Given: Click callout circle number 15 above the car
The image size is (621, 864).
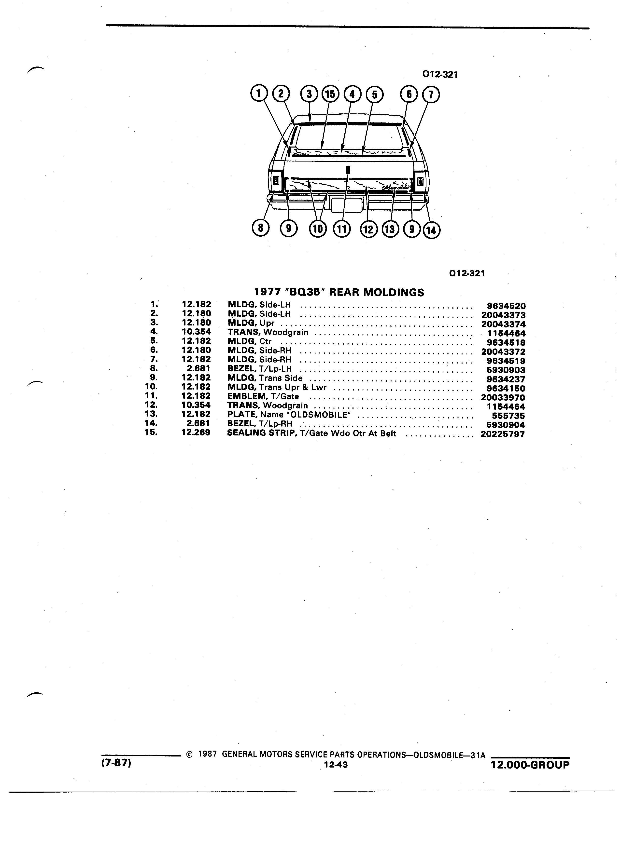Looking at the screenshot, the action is click(x=330, y=94).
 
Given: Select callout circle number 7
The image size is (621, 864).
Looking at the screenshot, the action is click(x=431, y=95).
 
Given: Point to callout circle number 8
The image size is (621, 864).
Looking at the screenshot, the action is click(x=261, y=228).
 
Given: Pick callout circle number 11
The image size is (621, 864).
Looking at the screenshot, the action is click(x=341, y=229).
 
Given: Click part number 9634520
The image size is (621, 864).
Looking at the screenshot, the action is click(x=506, y=306).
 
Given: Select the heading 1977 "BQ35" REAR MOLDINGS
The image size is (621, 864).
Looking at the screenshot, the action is click(x=339, y=292).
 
